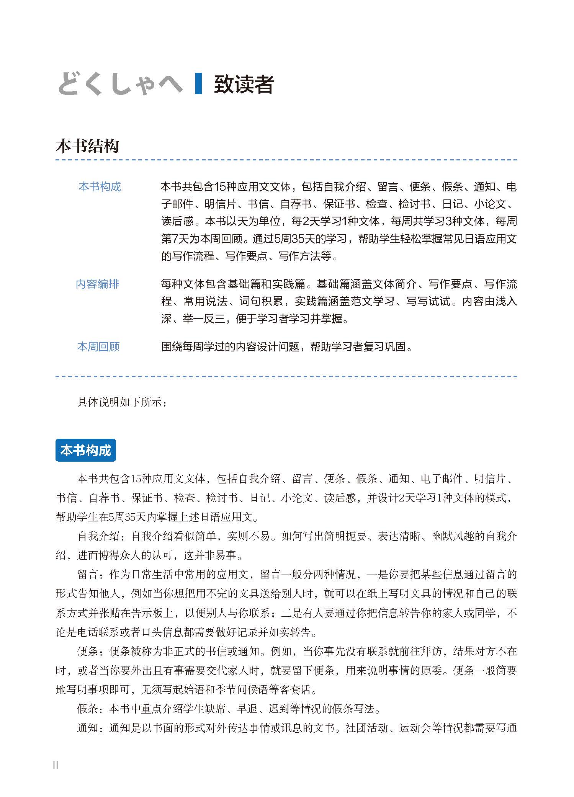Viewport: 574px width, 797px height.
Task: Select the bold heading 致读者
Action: coord(244,85)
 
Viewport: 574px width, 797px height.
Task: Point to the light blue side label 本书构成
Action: coord(100,187)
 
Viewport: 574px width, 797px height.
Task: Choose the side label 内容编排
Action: coord(98,284)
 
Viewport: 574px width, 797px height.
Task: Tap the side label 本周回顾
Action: coord(98,347)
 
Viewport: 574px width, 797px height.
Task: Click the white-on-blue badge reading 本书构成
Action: coord(86,451)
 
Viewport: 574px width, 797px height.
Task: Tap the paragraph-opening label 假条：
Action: coord(92,709)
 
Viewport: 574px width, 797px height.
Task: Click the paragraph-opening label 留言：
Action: coord(92,575)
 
